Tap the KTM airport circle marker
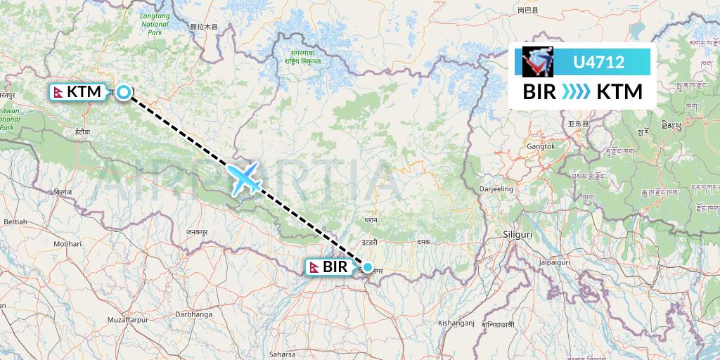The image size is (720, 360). pyautogui.click(x=124, y=92)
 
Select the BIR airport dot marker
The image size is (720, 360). pyautogui.click(x=367, y=267)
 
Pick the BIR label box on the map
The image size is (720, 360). pyautogui.click(x=328, y=267)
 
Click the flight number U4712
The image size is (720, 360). pyautogui.click(x=599, y=62)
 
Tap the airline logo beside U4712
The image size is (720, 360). pyautogui.click(x=538, y=62)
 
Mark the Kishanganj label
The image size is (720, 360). pyautogui.click(x=456, y=323)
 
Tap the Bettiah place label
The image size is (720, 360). pyautogui.click(x=15, y=221)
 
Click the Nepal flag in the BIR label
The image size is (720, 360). pyautogui.click(x=314, y=267)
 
